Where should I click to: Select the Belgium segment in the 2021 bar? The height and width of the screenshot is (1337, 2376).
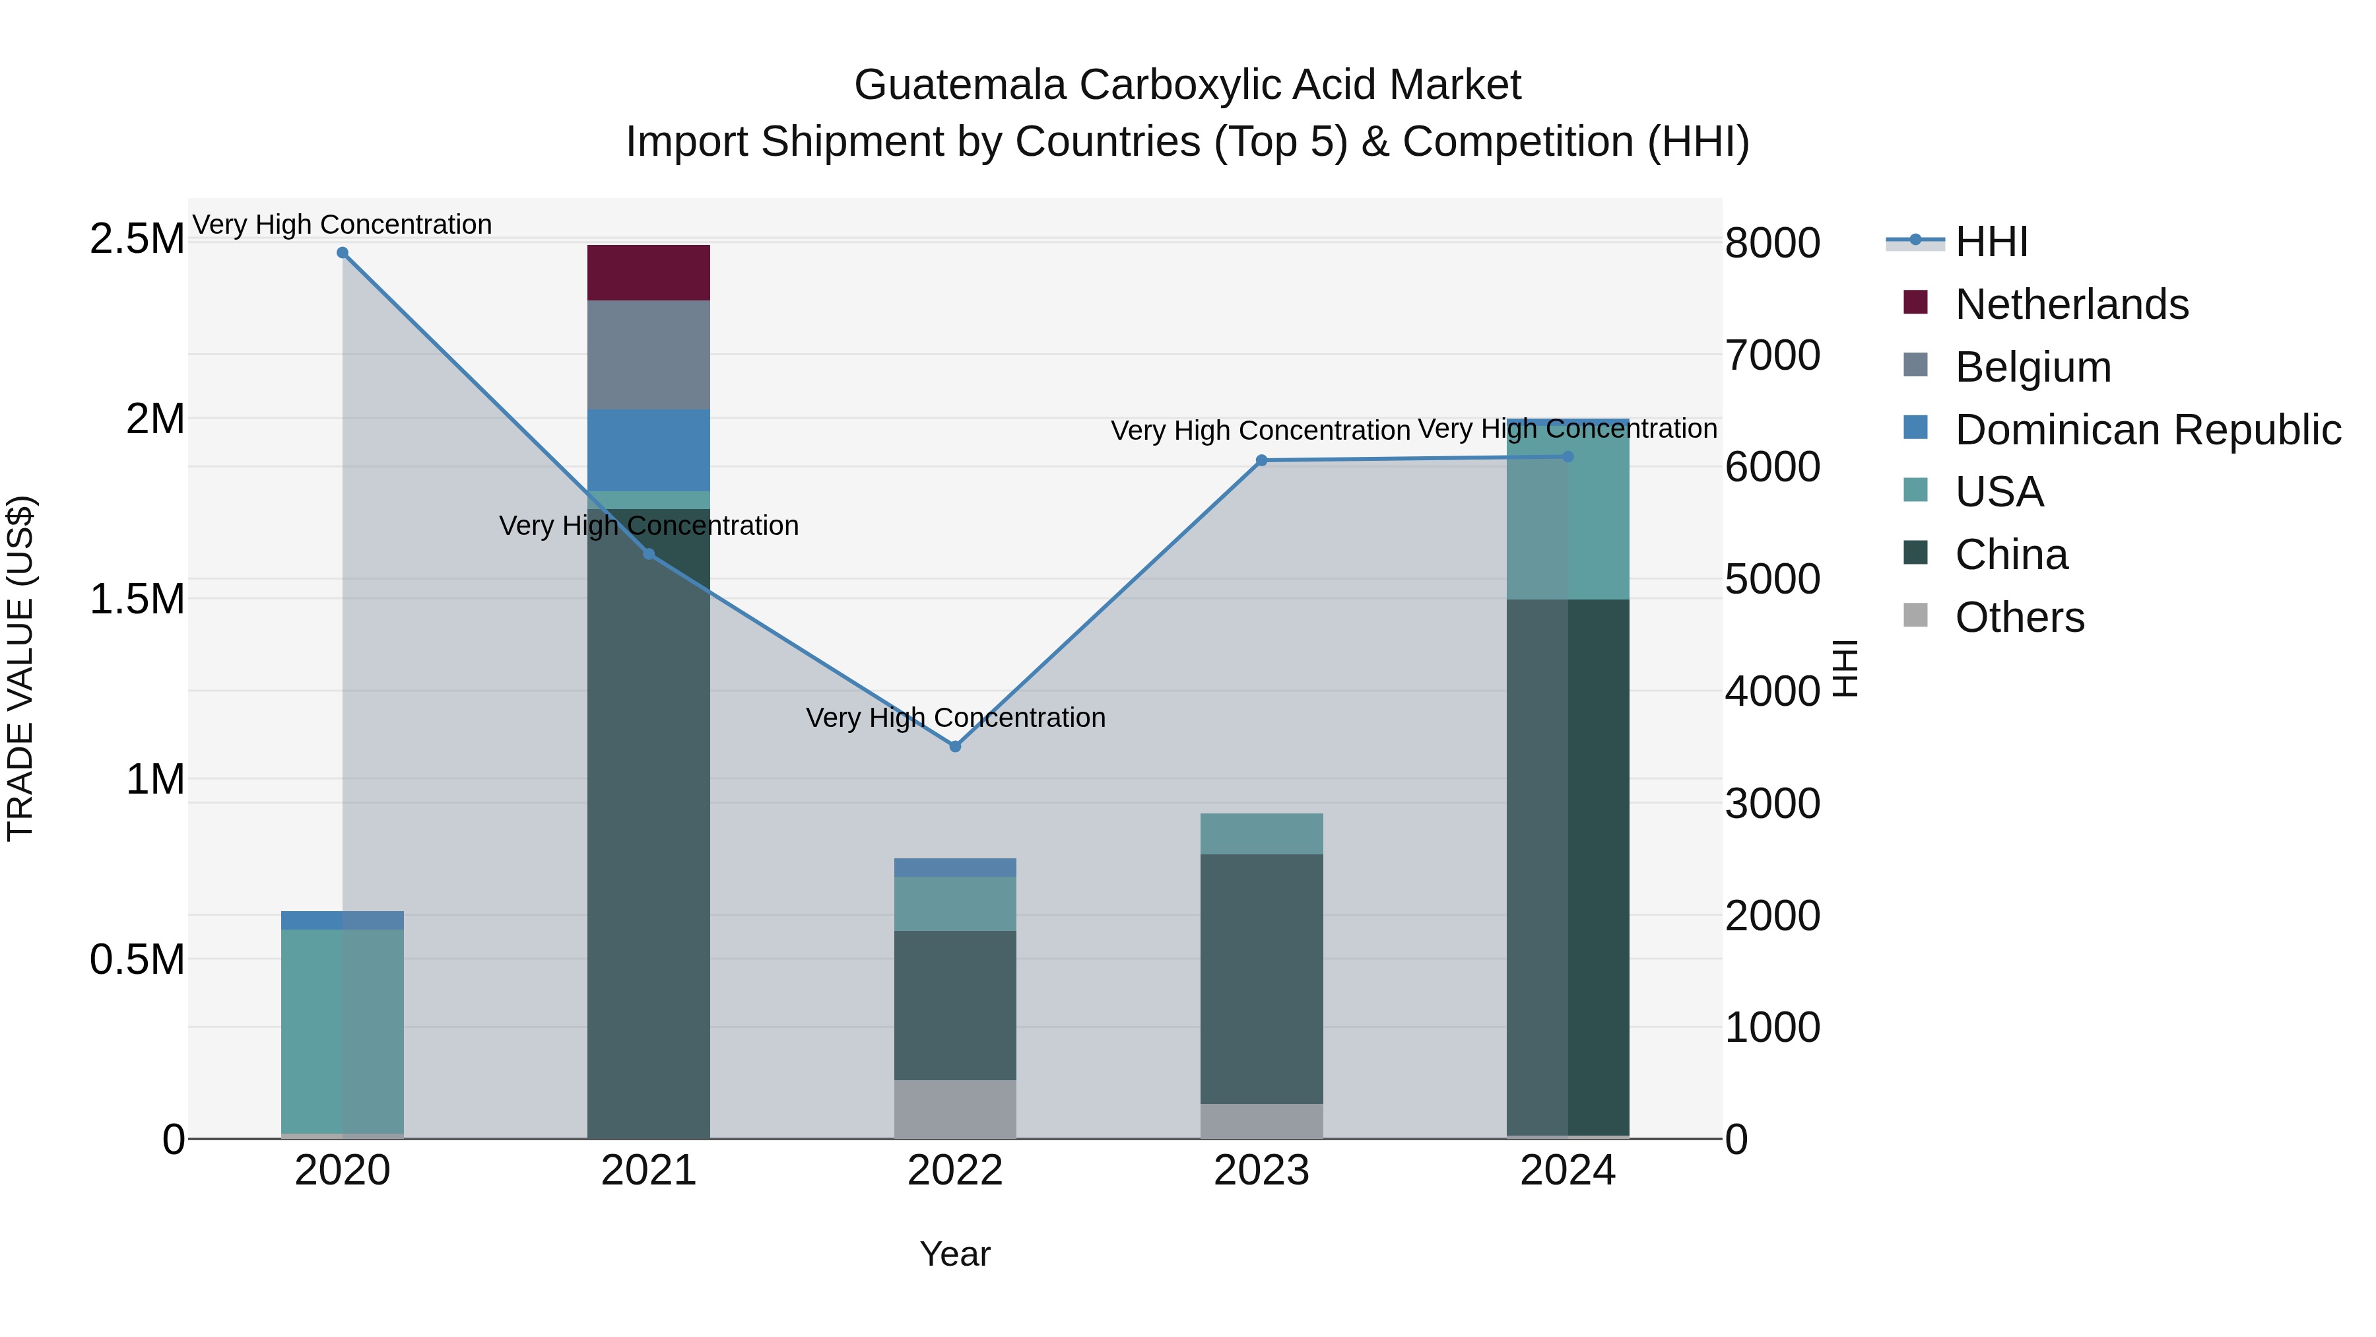click(648, 355)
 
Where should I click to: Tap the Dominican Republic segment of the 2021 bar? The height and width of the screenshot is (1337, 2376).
click(648, 450)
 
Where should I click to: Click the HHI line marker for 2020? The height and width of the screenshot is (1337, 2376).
click(342, 253)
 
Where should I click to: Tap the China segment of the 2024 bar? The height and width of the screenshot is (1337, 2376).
click(1568, 868)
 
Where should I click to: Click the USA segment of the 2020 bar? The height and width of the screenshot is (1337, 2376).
click(342, 1030)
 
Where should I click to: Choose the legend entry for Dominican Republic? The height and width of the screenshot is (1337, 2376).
click(2147, 430)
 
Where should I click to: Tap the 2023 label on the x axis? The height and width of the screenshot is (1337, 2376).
click(1261, 1171)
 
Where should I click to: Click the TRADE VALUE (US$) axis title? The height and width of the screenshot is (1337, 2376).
click(20, 668)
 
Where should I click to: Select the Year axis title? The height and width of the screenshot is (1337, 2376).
click(954, 1254)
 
